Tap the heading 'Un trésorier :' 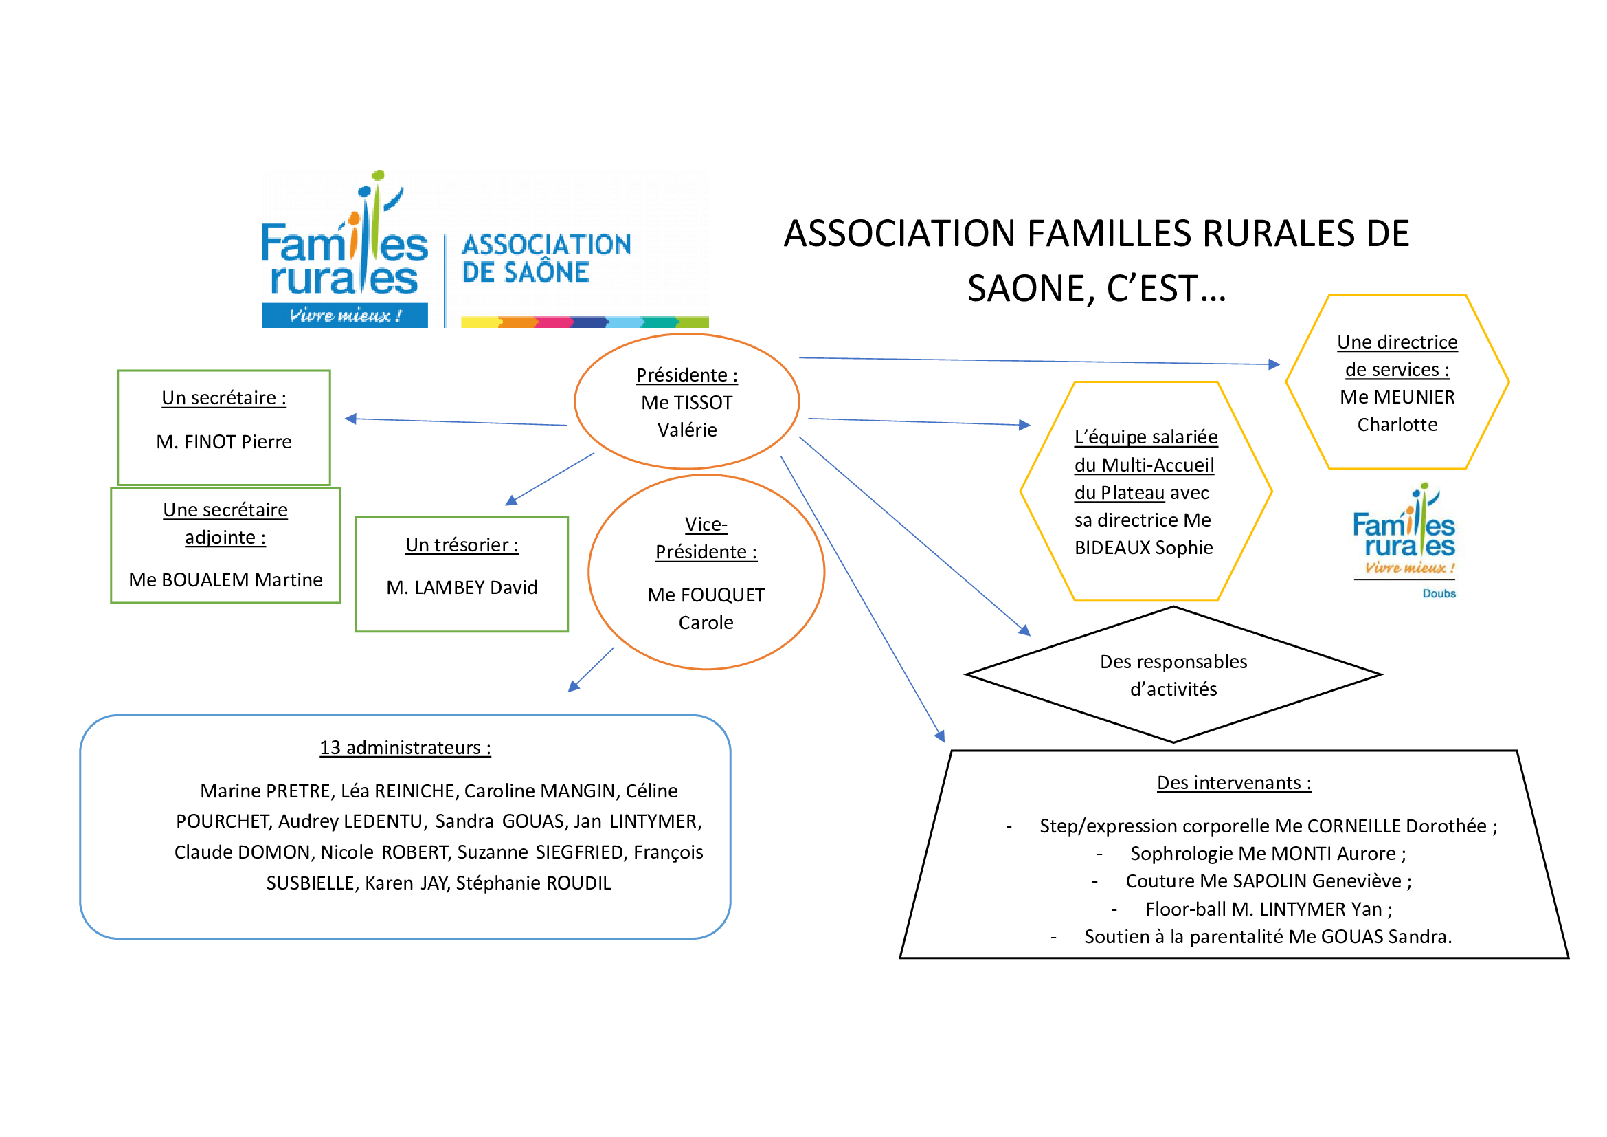pyautogui.click(x=462, y=544)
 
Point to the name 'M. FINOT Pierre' pyautogui.click(x=224, y=442)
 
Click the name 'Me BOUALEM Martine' pyautogui.click(x=225, y=579)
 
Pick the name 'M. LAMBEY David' pyautogui.click(x=462, y=587)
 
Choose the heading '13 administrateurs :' pyautogui.click(x=405, y=748)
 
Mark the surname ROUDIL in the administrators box pyautogui.click(x=578, y=883)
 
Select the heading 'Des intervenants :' pyautogui.click(x=1234, y=783)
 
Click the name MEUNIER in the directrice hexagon pyautogui.click(x=1414, y=397)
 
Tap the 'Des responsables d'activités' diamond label pyautogui.click(x=1173, y=675)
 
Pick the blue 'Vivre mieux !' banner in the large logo pyautogui.click(x=345, y=315)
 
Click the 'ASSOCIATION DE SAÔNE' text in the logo pyautogui.click(x=546, y=258)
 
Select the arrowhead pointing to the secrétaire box pyautogui.click(x=351, y=419)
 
